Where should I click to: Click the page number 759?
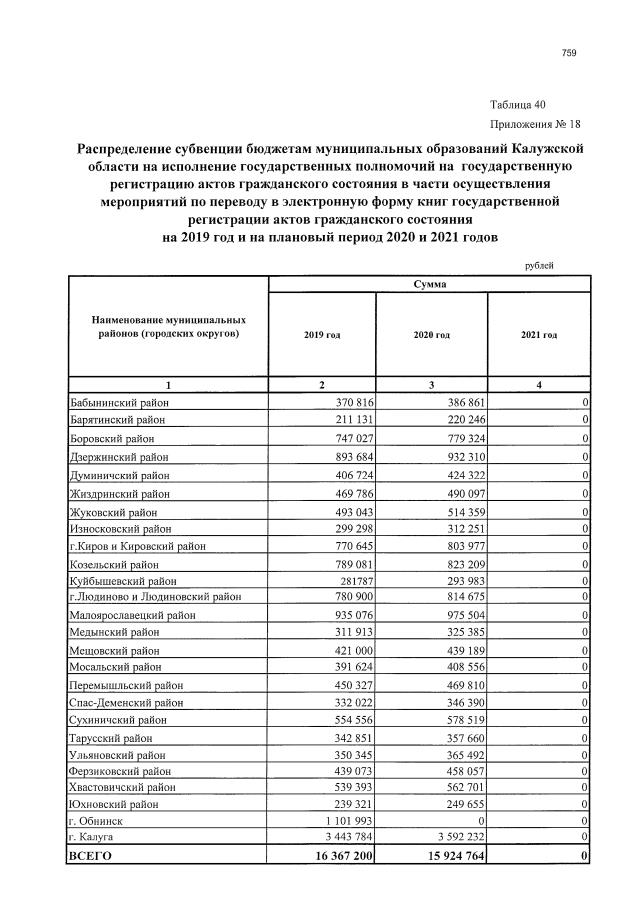click(570, 53)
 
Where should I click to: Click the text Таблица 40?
click(518, 105)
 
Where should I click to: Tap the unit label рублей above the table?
click(539, 266)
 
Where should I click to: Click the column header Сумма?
click(429, 284)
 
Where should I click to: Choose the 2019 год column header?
click(322, 334)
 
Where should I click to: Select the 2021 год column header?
click(539, 334)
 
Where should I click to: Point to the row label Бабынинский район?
click(118, 401)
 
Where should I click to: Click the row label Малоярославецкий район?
click(132, 615)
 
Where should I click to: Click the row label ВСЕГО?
click(91, 856)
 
